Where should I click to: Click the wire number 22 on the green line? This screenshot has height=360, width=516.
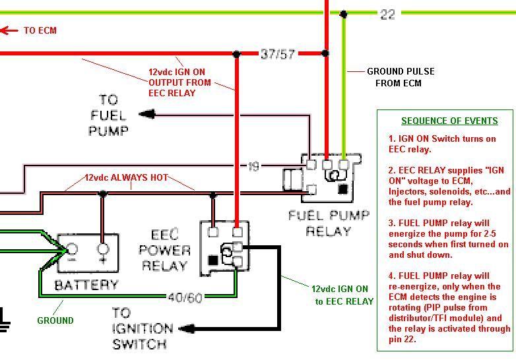pos(387,13)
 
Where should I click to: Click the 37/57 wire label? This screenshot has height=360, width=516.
pos(277,54)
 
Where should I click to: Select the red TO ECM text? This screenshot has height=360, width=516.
pos(40,30)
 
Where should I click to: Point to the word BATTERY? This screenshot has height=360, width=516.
pos(86,285)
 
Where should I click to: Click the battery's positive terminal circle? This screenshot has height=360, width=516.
pos(102,249)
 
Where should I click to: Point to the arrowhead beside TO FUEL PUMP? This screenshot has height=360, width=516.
pos(146,114)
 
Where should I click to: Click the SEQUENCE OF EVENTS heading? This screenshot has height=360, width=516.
pos(449,121)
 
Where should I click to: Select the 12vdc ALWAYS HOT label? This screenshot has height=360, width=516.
pos(126,178)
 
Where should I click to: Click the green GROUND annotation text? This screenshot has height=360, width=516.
pos(55,320)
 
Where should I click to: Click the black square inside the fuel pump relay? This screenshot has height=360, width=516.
pos(342,190)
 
